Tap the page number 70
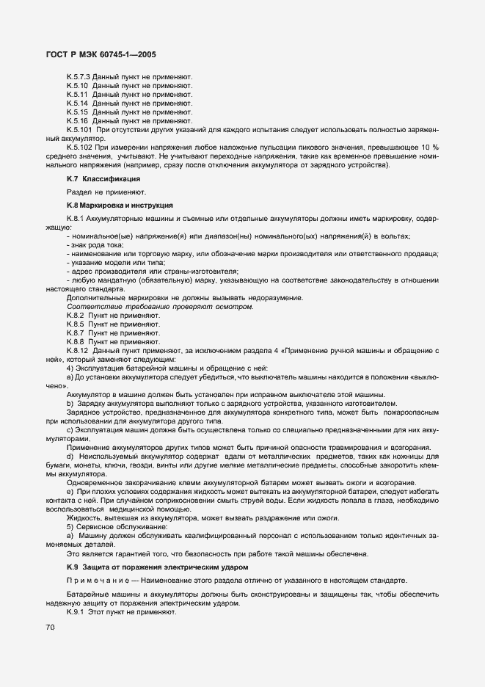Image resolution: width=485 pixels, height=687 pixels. pyautogui.click(x=51, y=628)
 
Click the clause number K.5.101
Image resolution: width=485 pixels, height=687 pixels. pyautogui.click(x=81, y=130)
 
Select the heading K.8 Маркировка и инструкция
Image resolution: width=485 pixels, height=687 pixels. pyautogui.click(x=119, y=205)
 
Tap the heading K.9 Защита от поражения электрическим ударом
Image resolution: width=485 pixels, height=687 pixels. pyautogui.click(x=158, y=567)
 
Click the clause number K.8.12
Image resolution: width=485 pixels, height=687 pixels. pyautogui.click(x=79, y=350)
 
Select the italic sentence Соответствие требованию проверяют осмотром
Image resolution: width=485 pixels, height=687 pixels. pyautogui.click(x=160, y=306)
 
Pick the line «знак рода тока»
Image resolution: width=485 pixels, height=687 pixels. pyautogui.click(x=95, y=244)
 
